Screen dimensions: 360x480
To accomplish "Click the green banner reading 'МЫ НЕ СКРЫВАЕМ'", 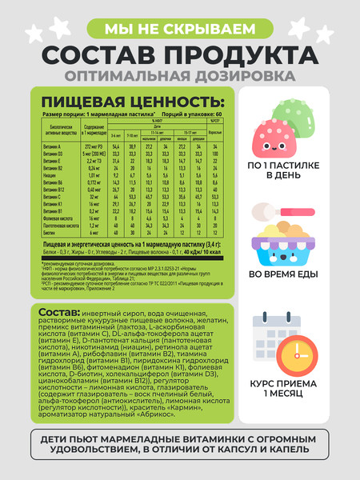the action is click(x=180, y=30).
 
